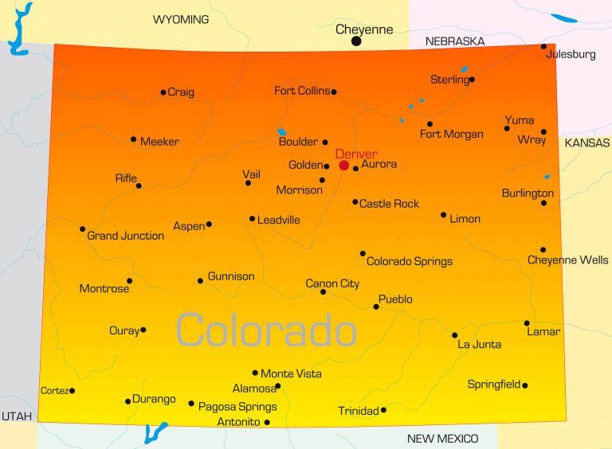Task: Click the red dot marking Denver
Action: click(x=344, y=166)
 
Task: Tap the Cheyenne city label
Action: click(x=364, y=29)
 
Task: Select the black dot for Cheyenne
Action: click(x=356, y=41)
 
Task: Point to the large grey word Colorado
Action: click(x=266, y=329)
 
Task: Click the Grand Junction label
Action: click(x=125, y=236)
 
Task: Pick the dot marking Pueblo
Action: click(x=376, y=306)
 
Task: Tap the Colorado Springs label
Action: click(x=410, y=261)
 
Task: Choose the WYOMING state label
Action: click(x=181, y=19)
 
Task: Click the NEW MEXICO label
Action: click(x=442, y=439)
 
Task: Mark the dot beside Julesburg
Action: click(x=544, y=46)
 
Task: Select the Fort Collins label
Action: click(x=302, y=91)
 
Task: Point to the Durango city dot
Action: click(x=127, y=401)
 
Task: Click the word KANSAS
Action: click(x=586, y=143)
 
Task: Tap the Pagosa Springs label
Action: click(x=237, y=406)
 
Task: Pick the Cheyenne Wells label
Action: click(x=567, y=260)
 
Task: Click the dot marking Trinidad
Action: click(x=383, y=410)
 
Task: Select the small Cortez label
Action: click(x=54, y=390)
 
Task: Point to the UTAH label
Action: click(x=16, y=416)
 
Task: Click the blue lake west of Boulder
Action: click(x=281, y=132)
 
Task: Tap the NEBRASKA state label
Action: click(x=455, y=41)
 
